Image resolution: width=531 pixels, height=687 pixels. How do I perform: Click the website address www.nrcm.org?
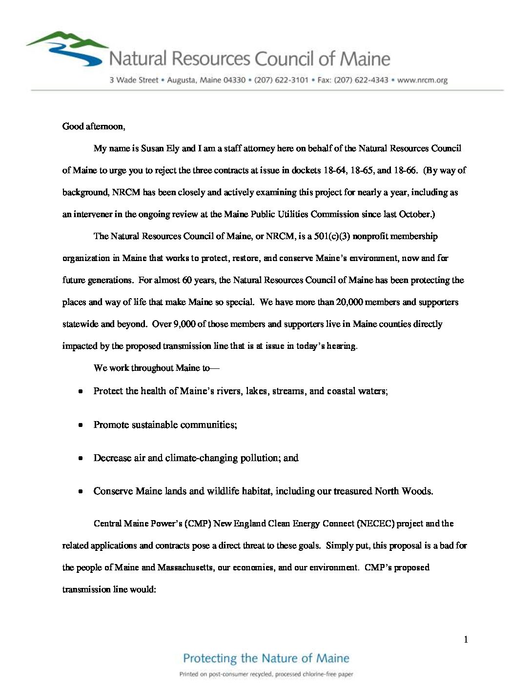(422, 80)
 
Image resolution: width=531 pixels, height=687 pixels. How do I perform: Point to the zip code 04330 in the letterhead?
(234, 80)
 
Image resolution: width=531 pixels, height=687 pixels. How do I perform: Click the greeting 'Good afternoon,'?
(94, 126)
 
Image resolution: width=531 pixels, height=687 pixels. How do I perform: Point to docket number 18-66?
(405, 170)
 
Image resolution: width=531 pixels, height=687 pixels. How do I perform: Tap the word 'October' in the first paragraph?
(415, 214)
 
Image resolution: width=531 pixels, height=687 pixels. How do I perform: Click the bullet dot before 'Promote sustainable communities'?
(81, 425)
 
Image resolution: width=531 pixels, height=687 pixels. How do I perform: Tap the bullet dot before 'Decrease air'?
(81, 458)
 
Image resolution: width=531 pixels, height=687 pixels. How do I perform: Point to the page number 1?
(466, 640)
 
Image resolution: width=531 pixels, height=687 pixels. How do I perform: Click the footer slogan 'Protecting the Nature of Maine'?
(266, 658)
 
